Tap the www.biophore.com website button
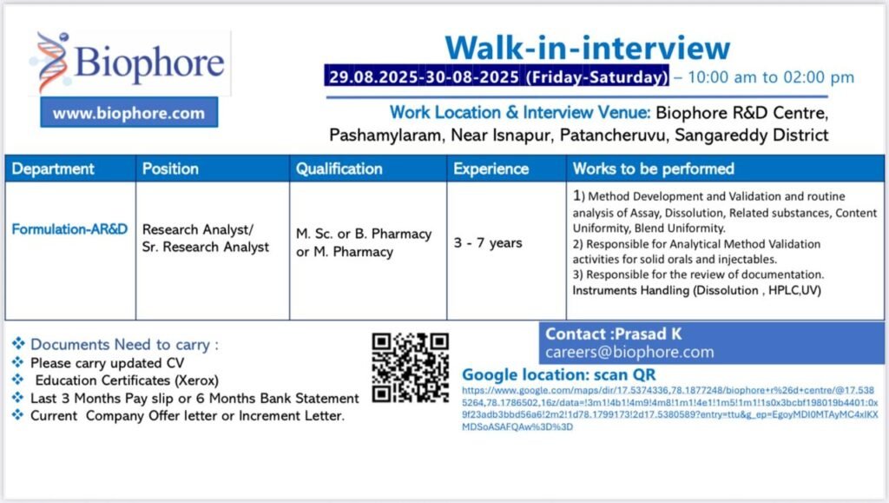point(129,112)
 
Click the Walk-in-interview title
point(588,48)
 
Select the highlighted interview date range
point(497,76)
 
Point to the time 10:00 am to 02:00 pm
point(771,76)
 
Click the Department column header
point(53,169)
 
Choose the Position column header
point(170,169)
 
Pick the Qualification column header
point(339,169)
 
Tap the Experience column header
point(491,169)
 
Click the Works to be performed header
point(653,169)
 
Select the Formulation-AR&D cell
point(69,229)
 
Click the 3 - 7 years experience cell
point(488,242)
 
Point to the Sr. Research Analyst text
point(206,248)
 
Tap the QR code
point(411,367)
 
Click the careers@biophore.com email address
point(629,352)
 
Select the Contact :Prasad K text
point(614,334)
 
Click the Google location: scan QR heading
point(558,374)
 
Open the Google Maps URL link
point(669,408)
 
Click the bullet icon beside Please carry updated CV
point(18,362)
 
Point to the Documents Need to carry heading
point(124,344)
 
